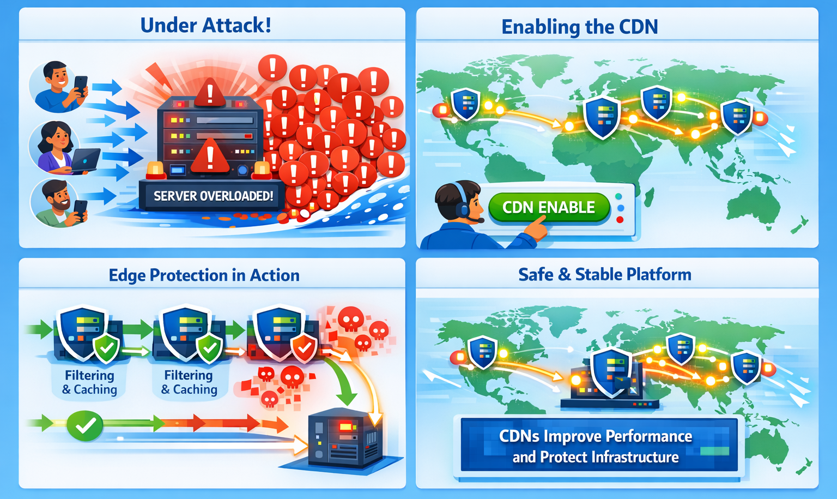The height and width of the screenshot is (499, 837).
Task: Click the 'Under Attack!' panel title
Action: pos(205,25)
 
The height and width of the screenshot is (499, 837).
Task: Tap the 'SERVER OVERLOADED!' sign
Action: pos(213,196)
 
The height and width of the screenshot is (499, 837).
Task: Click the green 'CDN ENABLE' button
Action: pos(548,207)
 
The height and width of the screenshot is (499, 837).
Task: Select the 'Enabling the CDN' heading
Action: pos(579,27)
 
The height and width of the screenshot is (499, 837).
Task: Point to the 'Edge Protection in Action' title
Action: pos(204,275)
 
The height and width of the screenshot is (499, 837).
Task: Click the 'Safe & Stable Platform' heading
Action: pos(604,274)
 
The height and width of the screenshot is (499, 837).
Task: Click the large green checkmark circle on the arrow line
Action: pos(85,425)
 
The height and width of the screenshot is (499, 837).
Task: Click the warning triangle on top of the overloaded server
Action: pos(209,92)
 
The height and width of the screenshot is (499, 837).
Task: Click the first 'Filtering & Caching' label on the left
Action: pos(89,382)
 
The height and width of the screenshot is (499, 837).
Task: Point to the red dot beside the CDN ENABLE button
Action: pos(619,220)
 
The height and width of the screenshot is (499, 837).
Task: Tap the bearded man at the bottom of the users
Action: pos(57,203)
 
